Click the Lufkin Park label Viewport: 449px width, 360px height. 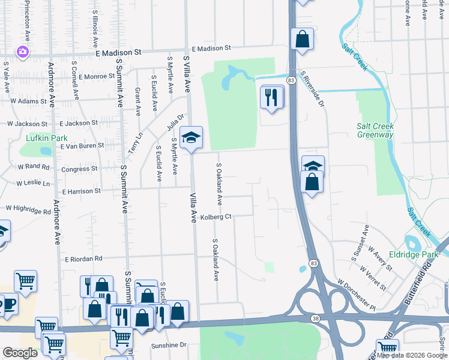pyautogui.click(x=47, y=138)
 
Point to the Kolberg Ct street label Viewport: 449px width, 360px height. pyautogui.click(x=216, y=217)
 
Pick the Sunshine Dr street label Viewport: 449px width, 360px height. pyautogui.click(x=169, y=346)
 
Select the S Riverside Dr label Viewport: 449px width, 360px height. pyautogui.click(x=312, y=89)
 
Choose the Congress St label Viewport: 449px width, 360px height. pyautogui.click(x=79, y=169)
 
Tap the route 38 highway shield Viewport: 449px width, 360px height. pyautogui.click(x=315, y=317)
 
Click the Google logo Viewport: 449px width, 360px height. pyautogui.click(x=20, y=353)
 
